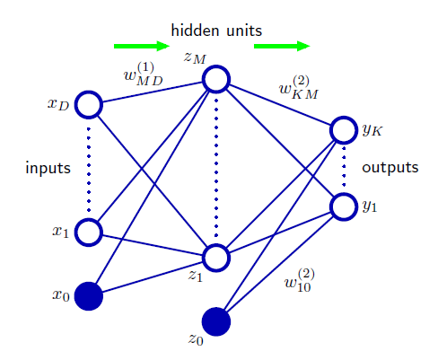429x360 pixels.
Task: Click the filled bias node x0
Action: [x=89, y=296]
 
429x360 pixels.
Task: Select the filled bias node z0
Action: [x=216, y=321]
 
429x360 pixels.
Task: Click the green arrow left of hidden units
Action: [x=142, y=46]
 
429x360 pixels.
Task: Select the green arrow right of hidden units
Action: [x=282, y=46]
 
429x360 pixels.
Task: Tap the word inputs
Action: [x=48, y=168]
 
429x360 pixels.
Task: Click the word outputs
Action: [x=390, y=168]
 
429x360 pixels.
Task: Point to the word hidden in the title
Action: [x=195, y=31]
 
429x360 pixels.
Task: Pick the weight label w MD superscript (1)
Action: [x=144, y=74]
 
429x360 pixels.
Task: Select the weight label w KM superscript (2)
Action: [x=298, y=87]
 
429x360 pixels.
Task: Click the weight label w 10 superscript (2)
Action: [x=300, y=280]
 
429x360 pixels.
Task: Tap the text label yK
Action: [x=372, y=130]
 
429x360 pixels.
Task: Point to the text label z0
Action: [x=196, y=338]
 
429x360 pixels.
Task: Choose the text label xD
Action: [x=58, y=104]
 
